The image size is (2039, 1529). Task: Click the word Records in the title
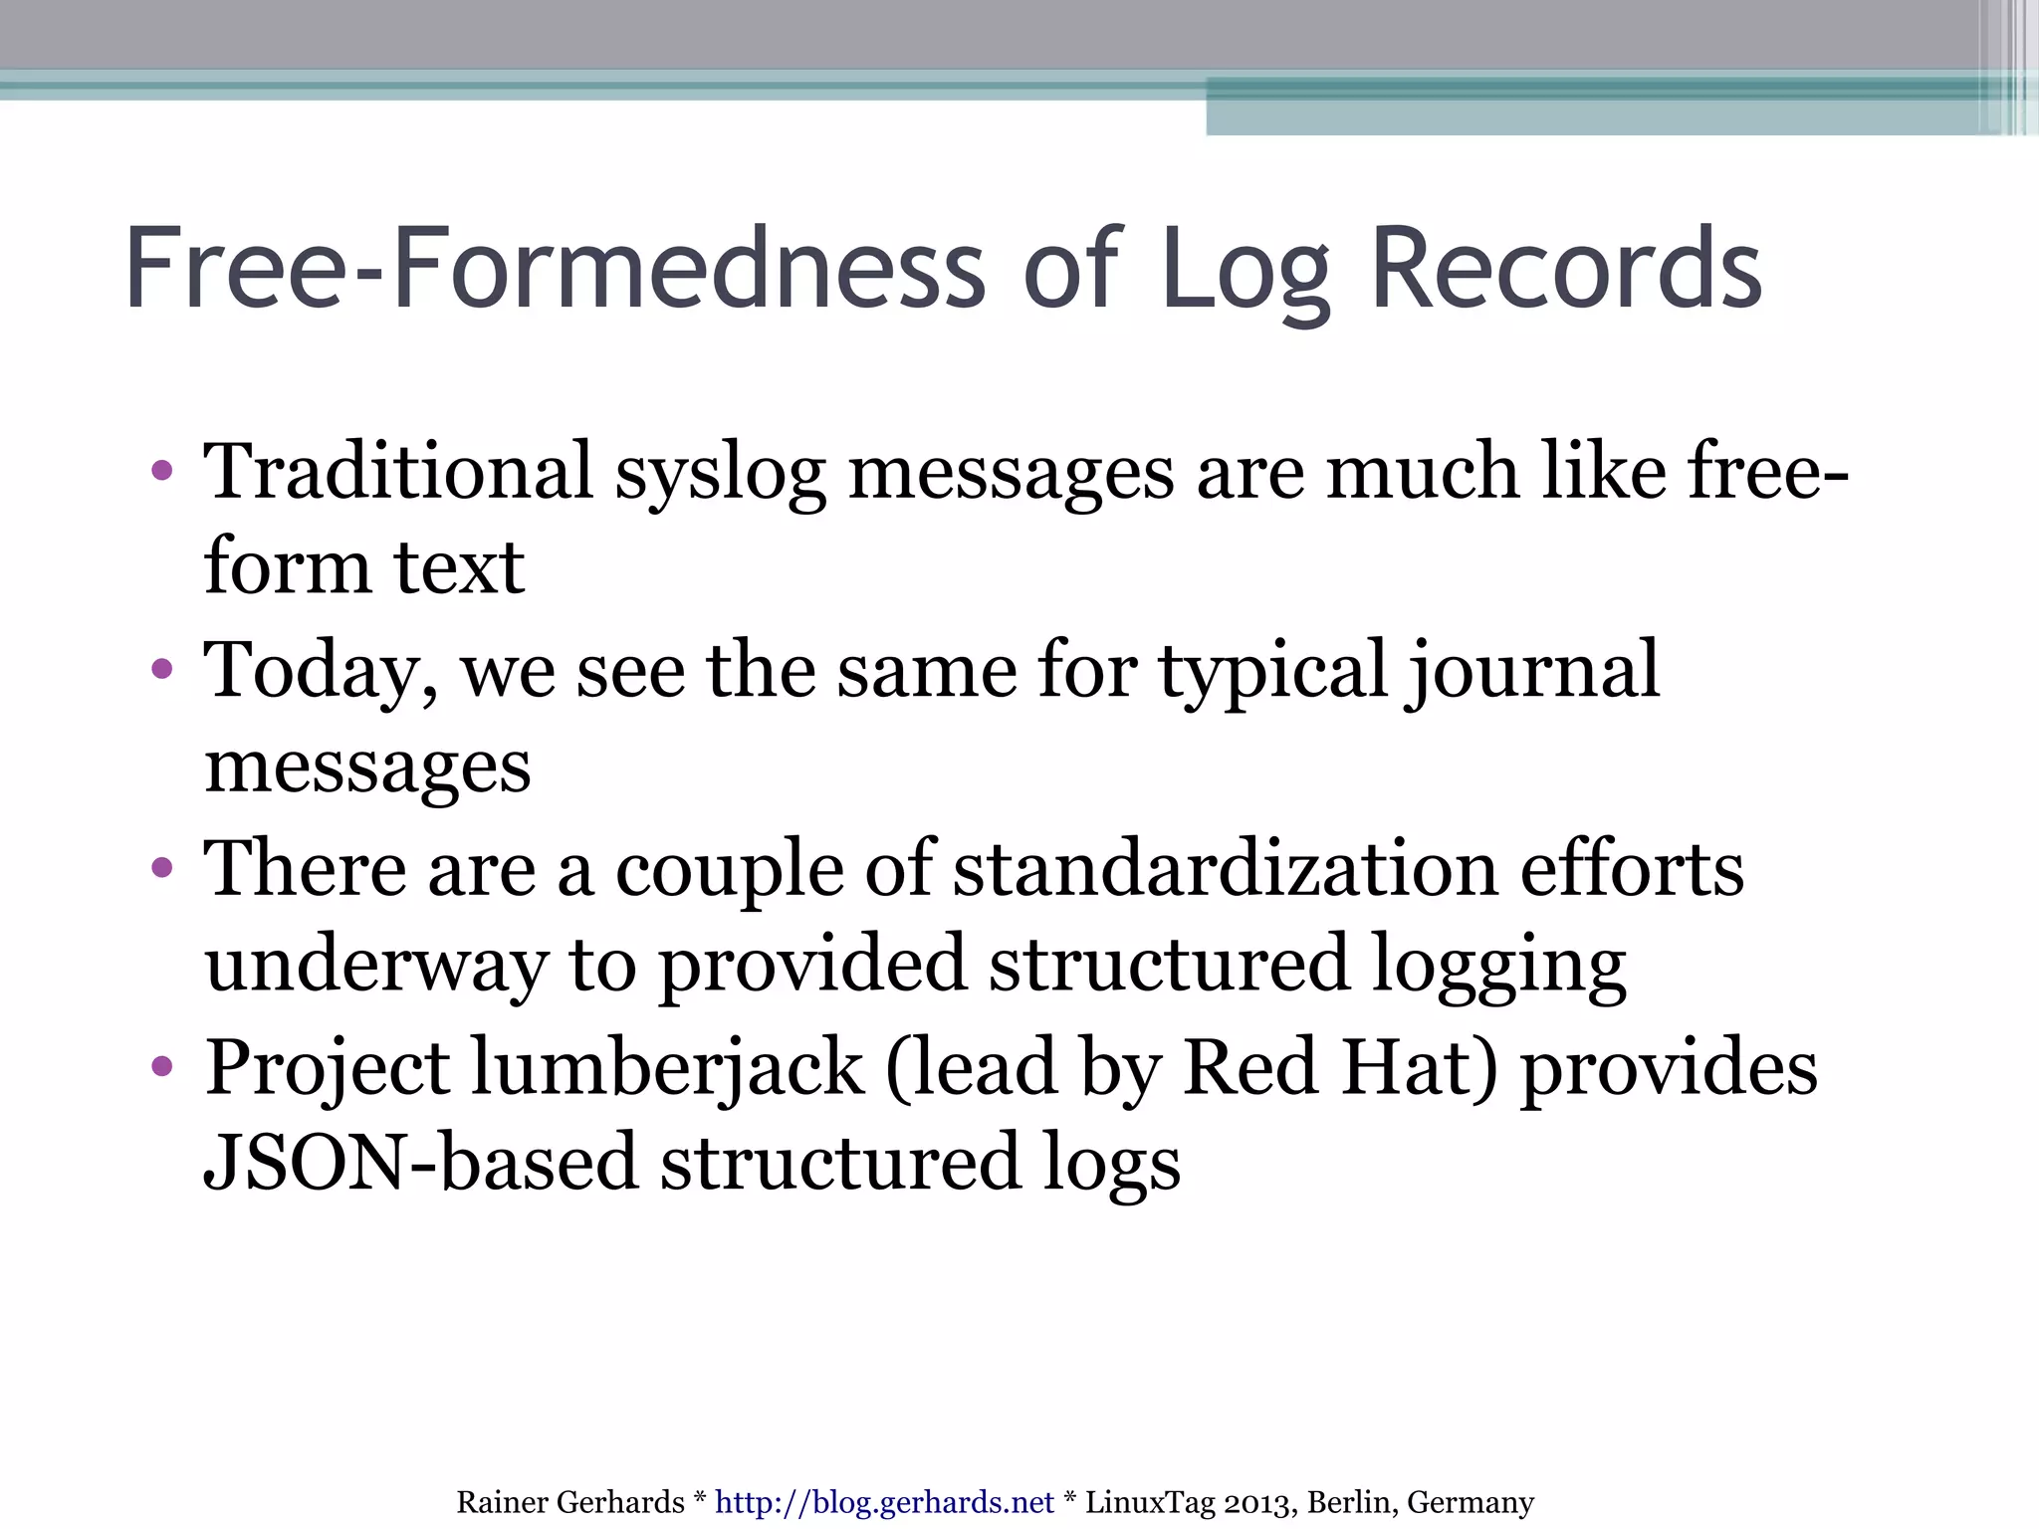[1565, 269]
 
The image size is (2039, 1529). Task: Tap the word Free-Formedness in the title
[555, 269]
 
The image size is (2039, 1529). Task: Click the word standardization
[1225, 869]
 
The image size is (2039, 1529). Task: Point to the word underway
[376, 966]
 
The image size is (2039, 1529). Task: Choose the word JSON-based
[420, 1163]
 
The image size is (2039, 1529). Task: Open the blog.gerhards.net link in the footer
[884, 1501]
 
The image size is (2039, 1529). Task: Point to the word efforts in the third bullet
[1632, 869]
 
